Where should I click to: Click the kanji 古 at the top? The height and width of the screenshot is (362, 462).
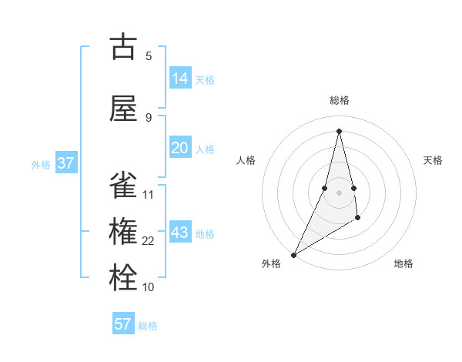[123, 47]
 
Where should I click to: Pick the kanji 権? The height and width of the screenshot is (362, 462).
[123, 232]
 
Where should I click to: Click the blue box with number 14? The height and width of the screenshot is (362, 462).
[180, 79]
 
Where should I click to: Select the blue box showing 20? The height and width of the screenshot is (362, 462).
[180, 149]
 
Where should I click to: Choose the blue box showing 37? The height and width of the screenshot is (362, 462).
[66, 163]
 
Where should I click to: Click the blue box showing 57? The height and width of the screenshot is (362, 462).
[123, 324]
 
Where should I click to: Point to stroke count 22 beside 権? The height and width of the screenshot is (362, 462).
[149, 241]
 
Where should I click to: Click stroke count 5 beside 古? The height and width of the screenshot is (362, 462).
[149, 55]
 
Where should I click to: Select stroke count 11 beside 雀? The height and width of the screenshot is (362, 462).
[149, 195]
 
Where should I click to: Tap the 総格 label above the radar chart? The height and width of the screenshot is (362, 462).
[340, 100]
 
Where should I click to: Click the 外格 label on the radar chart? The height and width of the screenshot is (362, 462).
[271, 263]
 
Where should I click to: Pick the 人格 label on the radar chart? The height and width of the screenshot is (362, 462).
[246, 160]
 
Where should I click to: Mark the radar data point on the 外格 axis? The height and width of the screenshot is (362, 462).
[293, 254]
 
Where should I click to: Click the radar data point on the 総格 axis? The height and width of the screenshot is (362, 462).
[339, 131]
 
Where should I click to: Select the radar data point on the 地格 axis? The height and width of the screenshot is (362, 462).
[358, 219]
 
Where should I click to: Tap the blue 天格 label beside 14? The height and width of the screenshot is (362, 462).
[205, 80]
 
